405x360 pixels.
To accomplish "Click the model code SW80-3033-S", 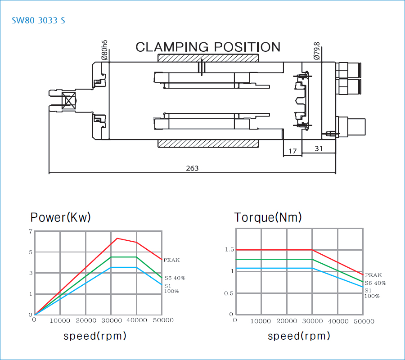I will pyautogui.click(x=38, y=21).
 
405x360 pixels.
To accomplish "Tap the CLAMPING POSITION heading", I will pyautogui.click(x=208, y=47).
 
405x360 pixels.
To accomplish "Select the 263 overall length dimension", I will pyautogui.click(x=192, y=168).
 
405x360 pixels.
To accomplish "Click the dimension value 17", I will pyautogui.click(x=292, y=151).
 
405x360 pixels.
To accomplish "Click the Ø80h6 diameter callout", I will pyautogui.click(x=104, y=50).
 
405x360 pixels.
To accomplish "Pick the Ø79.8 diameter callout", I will pyautogui.click(x=317, y=51).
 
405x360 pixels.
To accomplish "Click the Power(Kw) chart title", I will pyautogui.click(x=60, y=218).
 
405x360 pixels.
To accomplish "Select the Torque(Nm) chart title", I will pyautogui.click(x=268, y=218).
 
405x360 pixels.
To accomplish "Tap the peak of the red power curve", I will pyautogui.click(x=117, y=238).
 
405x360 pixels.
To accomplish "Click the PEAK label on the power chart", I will pyautogui.click(x=171, y=260).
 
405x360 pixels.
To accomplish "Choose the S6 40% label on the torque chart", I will pyautogui.click(x=375, y=283).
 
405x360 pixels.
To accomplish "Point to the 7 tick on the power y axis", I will pyautogui.click(x=31, y=231).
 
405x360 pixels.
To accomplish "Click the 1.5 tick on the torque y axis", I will pyautogui.click(x=229, y=250).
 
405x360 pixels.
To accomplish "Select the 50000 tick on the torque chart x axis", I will pyautogui.click(x=363, y=321).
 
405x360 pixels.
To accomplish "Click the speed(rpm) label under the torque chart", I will pyautogui.click(x=299, y=336).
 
